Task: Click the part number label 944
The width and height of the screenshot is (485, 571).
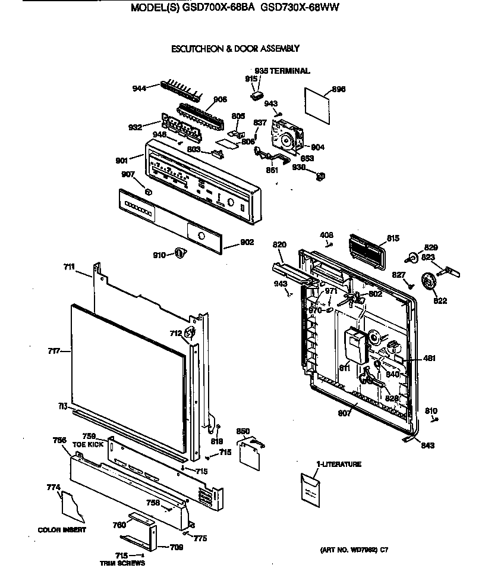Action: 138,89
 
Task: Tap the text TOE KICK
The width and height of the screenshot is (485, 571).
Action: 88,444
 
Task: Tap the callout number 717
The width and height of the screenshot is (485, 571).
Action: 55,352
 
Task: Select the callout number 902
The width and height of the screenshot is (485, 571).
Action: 247,242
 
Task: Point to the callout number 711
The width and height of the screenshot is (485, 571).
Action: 69,267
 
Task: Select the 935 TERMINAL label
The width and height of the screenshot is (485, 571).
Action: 282,71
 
